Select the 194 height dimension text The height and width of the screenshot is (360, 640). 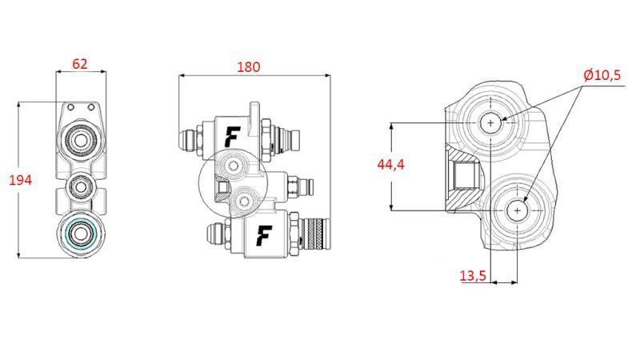pyautogui.click(x=19, y=180)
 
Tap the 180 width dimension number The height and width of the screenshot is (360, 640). pyautogui.click(x=249, y=67)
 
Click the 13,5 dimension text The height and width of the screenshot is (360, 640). pyautogui.click(x=473, y=276)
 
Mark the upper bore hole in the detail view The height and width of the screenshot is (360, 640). pyautogui.click(x=490, y=122)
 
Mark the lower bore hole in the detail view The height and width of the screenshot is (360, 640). pyautogui.click(x=518, y=210)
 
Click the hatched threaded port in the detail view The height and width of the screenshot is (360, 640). pyautogui.click(x=463, y=170)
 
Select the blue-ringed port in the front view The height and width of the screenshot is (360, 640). pyautogui.click(x=79, y=234)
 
